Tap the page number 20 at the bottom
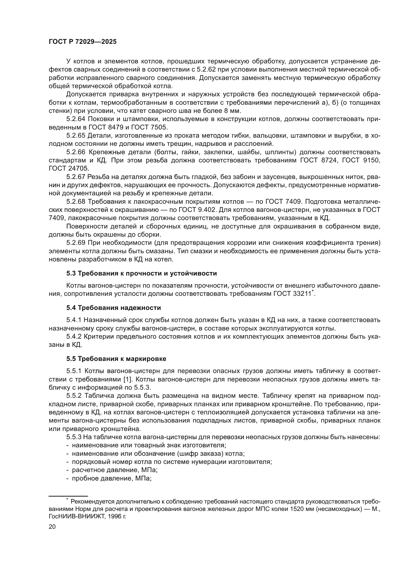point(52,527)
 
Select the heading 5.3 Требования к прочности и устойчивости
point(141,273)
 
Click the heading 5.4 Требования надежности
point(114,308)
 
